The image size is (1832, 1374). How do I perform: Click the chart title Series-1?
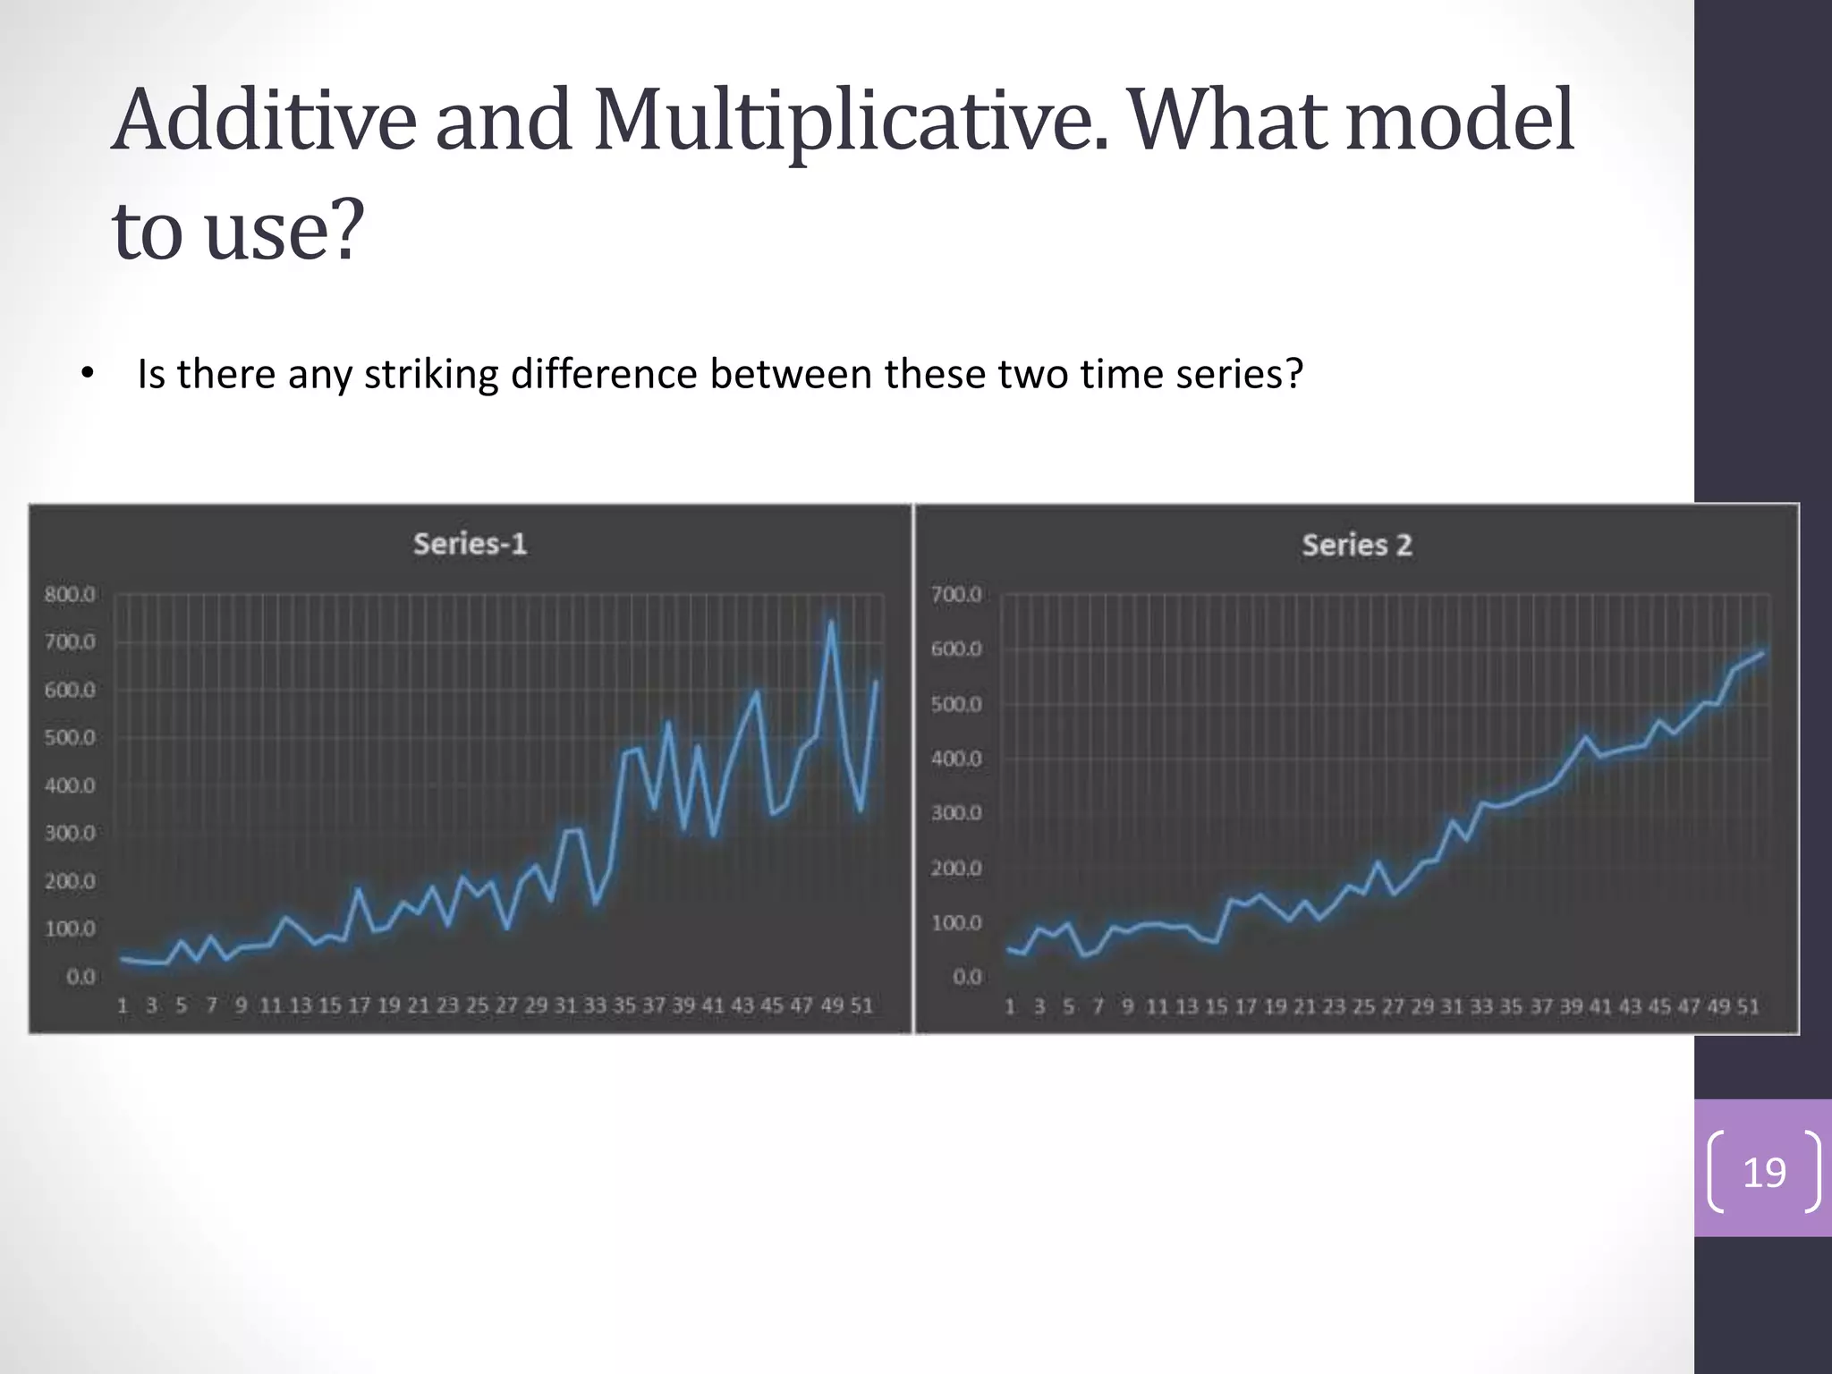pyautogui.click(x=470, y=544)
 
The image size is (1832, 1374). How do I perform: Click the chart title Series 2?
pyautogui.click(x=1356, y=545)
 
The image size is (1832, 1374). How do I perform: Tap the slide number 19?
pyautogui.click(x=1764, y=1172)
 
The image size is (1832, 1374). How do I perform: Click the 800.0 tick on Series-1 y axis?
pyautogui.click(x=70, y=595)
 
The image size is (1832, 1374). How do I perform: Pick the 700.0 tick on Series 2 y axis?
pyautogui.click(x=956, y=595)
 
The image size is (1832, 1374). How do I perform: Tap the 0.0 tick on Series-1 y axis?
pyautogui.click(x=81, y=977)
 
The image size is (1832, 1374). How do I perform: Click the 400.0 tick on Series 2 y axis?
pyautogui.click(x=956, y=759)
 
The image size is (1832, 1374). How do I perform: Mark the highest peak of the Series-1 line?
pyautogui.click(x=831, y=621)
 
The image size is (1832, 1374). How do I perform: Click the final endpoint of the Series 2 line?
pyautogui.click(x=1762, y=653)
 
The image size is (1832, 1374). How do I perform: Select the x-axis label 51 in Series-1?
pyautogui.click(x=861, y=1005)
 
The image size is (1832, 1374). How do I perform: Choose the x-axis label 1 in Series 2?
pyautogui.click(x=1010, y=1006)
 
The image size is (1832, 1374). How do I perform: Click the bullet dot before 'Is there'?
pyautogui.click(x=87, y=375)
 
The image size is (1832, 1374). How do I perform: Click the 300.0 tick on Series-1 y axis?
pyautogui.click(x=70, y=834)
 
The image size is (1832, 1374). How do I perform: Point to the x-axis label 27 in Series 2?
pyautogui.click(x=1393, y=1006)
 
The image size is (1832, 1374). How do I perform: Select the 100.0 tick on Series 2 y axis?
pyautogui.click(x=956, y=922)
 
